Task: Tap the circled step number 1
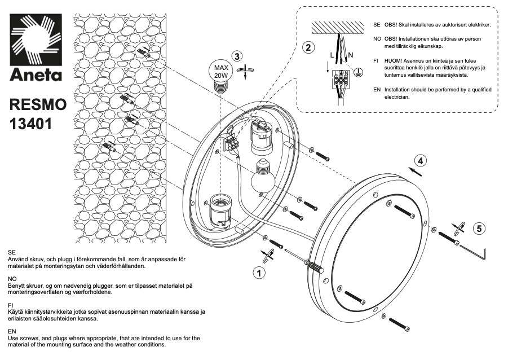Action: [259, 273]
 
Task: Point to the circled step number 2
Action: [307, 47]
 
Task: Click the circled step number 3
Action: [237, 56]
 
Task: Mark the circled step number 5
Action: [479, 228]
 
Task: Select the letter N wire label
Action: [350, 55]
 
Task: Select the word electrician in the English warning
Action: [396, 97]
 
